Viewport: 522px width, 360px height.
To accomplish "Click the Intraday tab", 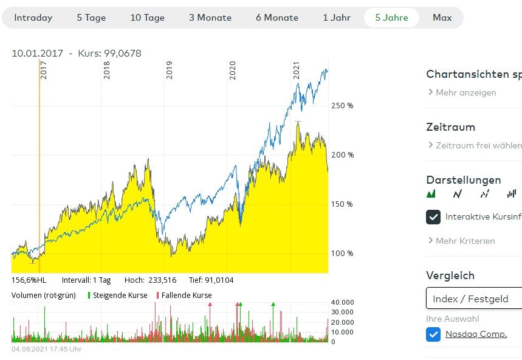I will tap(33, 18).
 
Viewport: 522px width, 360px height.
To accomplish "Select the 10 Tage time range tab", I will tap(147, 18).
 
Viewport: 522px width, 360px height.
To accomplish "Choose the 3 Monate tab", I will tap(210, 18).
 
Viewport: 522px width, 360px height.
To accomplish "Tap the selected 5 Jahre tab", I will tap(391, 18).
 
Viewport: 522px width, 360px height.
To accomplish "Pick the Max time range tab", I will tap(442, 18).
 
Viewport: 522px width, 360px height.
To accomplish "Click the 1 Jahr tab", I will tap(337, 18).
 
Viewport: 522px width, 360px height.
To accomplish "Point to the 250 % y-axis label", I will tap(342, 106).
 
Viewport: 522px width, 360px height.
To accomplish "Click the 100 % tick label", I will tap(342, 254).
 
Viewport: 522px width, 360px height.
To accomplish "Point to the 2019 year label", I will tap(170, 71).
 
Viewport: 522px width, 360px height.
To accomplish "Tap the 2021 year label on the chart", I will tap(297, 71).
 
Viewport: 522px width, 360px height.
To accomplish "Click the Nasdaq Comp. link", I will tap(476, 334).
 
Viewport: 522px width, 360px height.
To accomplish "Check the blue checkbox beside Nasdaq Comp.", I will tap(433, 334).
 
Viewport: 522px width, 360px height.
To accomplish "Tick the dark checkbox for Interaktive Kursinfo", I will tap(433, 217).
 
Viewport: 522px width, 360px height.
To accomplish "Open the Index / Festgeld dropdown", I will tap(474, 299).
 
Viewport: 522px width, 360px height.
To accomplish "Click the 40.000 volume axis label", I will tap(342, 302).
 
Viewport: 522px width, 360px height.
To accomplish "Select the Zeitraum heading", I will tap(450, 127).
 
